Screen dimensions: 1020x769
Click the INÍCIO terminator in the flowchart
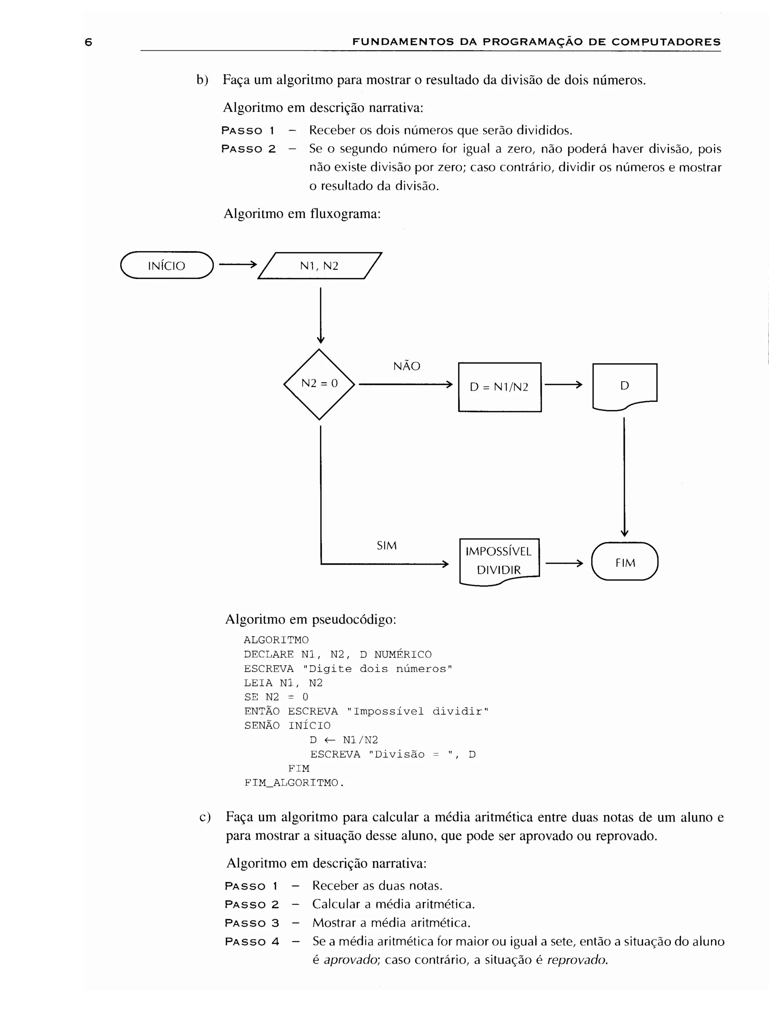click(x=167, y=265)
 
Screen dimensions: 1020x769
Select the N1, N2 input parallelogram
click(x=319, y=266)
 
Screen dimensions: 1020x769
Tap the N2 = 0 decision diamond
click(x=319, y=384)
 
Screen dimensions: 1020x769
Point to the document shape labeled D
click(x=624, y=385)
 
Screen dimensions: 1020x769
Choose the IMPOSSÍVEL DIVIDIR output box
click(x=499, y=561)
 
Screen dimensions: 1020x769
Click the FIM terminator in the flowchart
click(x=624, y=562)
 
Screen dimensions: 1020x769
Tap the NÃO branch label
click(x=406, y=366)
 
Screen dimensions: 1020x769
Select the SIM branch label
click(x=387, y=546)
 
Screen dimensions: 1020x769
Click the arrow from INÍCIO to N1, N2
click(x=237, y=265)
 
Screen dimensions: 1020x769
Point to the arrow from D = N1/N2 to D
click(x=563, y=385)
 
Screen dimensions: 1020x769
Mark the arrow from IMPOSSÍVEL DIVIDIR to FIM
click(x=564, y=563)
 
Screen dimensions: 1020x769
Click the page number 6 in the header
click(x=89, y=42)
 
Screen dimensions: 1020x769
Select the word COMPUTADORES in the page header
click(x=666, y=42)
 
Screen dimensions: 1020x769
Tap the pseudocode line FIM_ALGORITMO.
click(x=294, y=783)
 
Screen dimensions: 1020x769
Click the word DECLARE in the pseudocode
click(x=268, y=654)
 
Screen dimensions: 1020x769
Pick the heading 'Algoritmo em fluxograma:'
click(x=302, y=214)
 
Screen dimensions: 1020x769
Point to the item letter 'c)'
click(x=205, y=817)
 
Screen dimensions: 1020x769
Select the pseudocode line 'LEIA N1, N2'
click(x=283, y=683)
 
